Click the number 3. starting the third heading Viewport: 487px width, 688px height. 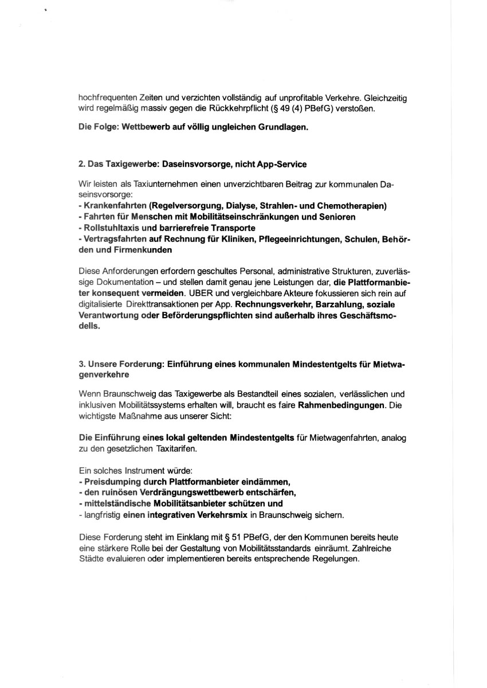(82, 364)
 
